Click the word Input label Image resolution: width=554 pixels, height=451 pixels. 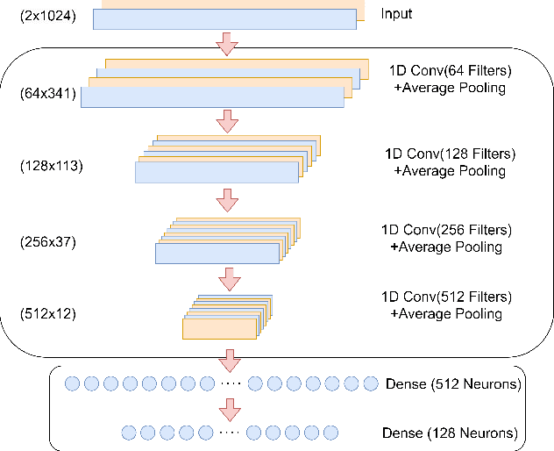click(396, 15)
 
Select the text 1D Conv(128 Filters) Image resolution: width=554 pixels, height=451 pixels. click(450, 154)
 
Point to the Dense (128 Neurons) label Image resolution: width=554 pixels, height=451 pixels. click(450, 433)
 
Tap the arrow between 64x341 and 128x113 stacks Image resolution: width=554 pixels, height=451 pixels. click(228, 120)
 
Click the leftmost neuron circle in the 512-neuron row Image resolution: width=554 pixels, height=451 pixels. click(73, 383)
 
